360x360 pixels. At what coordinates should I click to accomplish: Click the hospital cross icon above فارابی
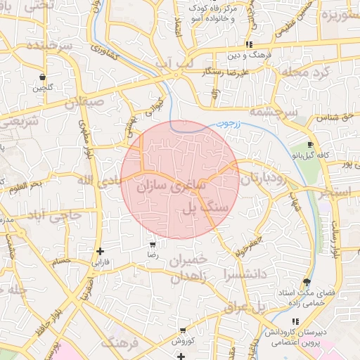pyautogui.click(x=101, y=251)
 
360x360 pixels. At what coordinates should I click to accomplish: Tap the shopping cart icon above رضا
pyautogui.click(x=153, y=246)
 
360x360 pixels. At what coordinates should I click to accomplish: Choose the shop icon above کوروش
pyautogui.click(x=183, y=330)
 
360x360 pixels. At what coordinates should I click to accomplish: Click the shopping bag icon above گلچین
pyautogui.click(x=42, y=77)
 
